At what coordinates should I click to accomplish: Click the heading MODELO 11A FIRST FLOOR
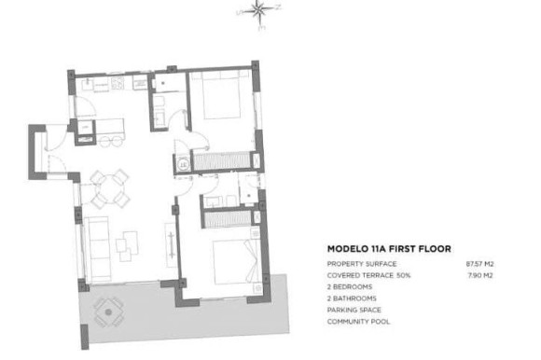tap(389, 250)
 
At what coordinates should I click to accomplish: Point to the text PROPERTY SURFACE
tap(362, 265)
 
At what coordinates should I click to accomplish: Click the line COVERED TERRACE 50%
tap(368, 276)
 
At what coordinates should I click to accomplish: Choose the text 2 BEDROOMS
tap(349, 287)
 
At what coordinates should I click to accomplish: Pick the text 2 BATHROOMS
tap(352, 298)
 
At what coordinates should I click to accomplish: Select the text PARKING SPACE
tap(354, 310)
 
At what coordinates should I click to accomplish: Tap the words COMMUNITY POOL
tap(357, 321)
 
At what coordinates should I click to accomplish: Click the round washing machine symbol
tap(181, 164)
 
